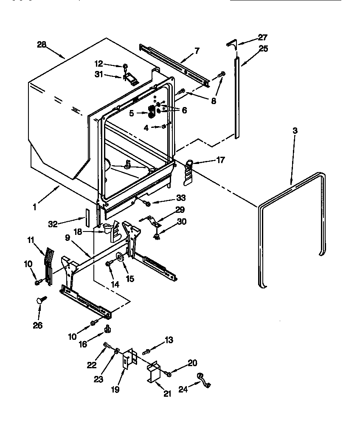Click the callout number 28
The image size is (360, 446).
pos(42,44)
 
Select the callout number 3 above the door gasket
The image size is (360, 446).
pos(295,131)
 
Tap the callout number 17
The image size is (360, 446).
pos(220,160)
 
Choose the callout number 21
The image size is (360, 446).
pos(167,394)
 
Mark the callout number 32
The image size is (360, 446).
pos(52,224)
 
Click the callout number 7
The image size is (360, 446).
pos(197,51)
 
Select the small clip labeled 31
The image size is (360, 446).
pos(129,78)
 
